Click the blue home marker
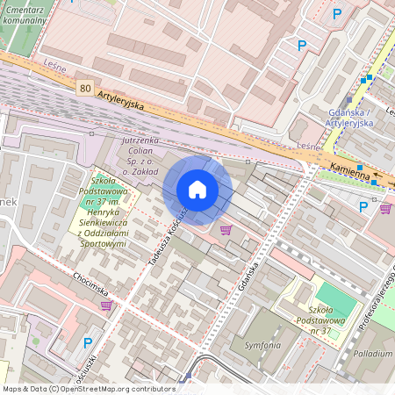click(x=197, y=189)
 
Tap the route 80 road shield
click(x=84, y=88)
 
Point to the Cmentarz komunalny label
click(x=24, y=12)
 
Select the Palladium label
click(x=373, y=353)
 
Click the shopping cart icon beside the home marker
click(x=226, y=230)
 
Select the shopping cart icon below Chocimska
click(x=106, y=305)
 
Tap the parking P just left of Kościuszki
click(x=86, y=342)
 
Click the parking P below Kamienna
click(x=363, y=206)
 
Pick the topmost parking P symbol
click(x=336, y=13)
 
